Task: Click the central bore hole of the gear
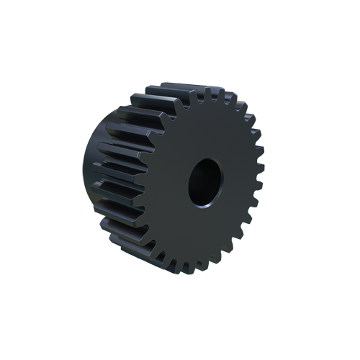[x=204, y=182]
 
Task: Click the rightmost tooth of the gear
[x=259, y=184]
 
